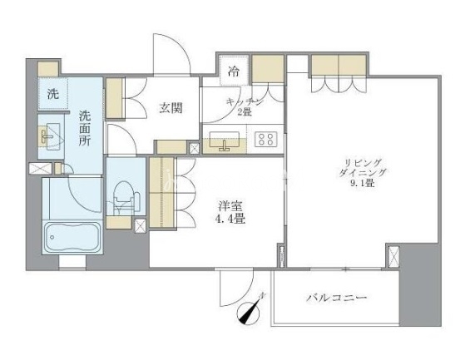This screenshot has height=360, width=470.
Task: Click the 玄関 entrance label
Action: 171,108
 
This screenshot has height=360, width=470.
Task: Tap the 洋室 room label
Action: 230,206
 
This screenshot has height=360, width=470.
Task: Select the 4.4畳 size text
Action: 230,219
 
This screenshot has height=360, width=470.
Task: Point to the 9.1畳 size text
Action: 363,183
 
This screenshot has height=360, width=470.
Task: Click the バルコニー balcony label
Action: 337,298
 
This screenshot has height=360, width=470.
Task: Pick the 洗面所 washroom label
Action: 85,129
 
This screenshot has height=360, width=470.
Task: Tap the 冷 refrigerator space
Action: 234,72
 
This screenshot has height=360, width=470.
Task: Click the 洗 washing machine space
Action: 53,94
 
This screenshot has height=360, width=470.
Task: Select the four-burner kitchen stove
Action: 266,139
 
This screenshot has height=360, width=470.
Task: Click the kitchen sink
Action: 224,140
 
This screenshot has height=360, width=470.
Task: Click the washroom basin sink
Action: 50,136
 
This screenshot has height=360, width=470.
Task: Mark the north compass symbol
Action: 250,311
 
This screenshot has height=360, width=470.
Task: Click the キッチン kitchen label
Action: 245,102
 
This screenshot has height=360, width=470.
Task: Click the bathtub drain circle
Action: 52,238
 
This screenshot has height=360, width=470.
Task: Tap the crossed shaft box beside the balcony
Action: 393,256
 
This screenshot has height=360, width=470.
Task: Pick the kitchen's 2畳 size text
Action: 245,112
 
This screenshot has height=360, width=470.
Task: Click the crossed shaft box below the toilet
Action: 140,226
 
